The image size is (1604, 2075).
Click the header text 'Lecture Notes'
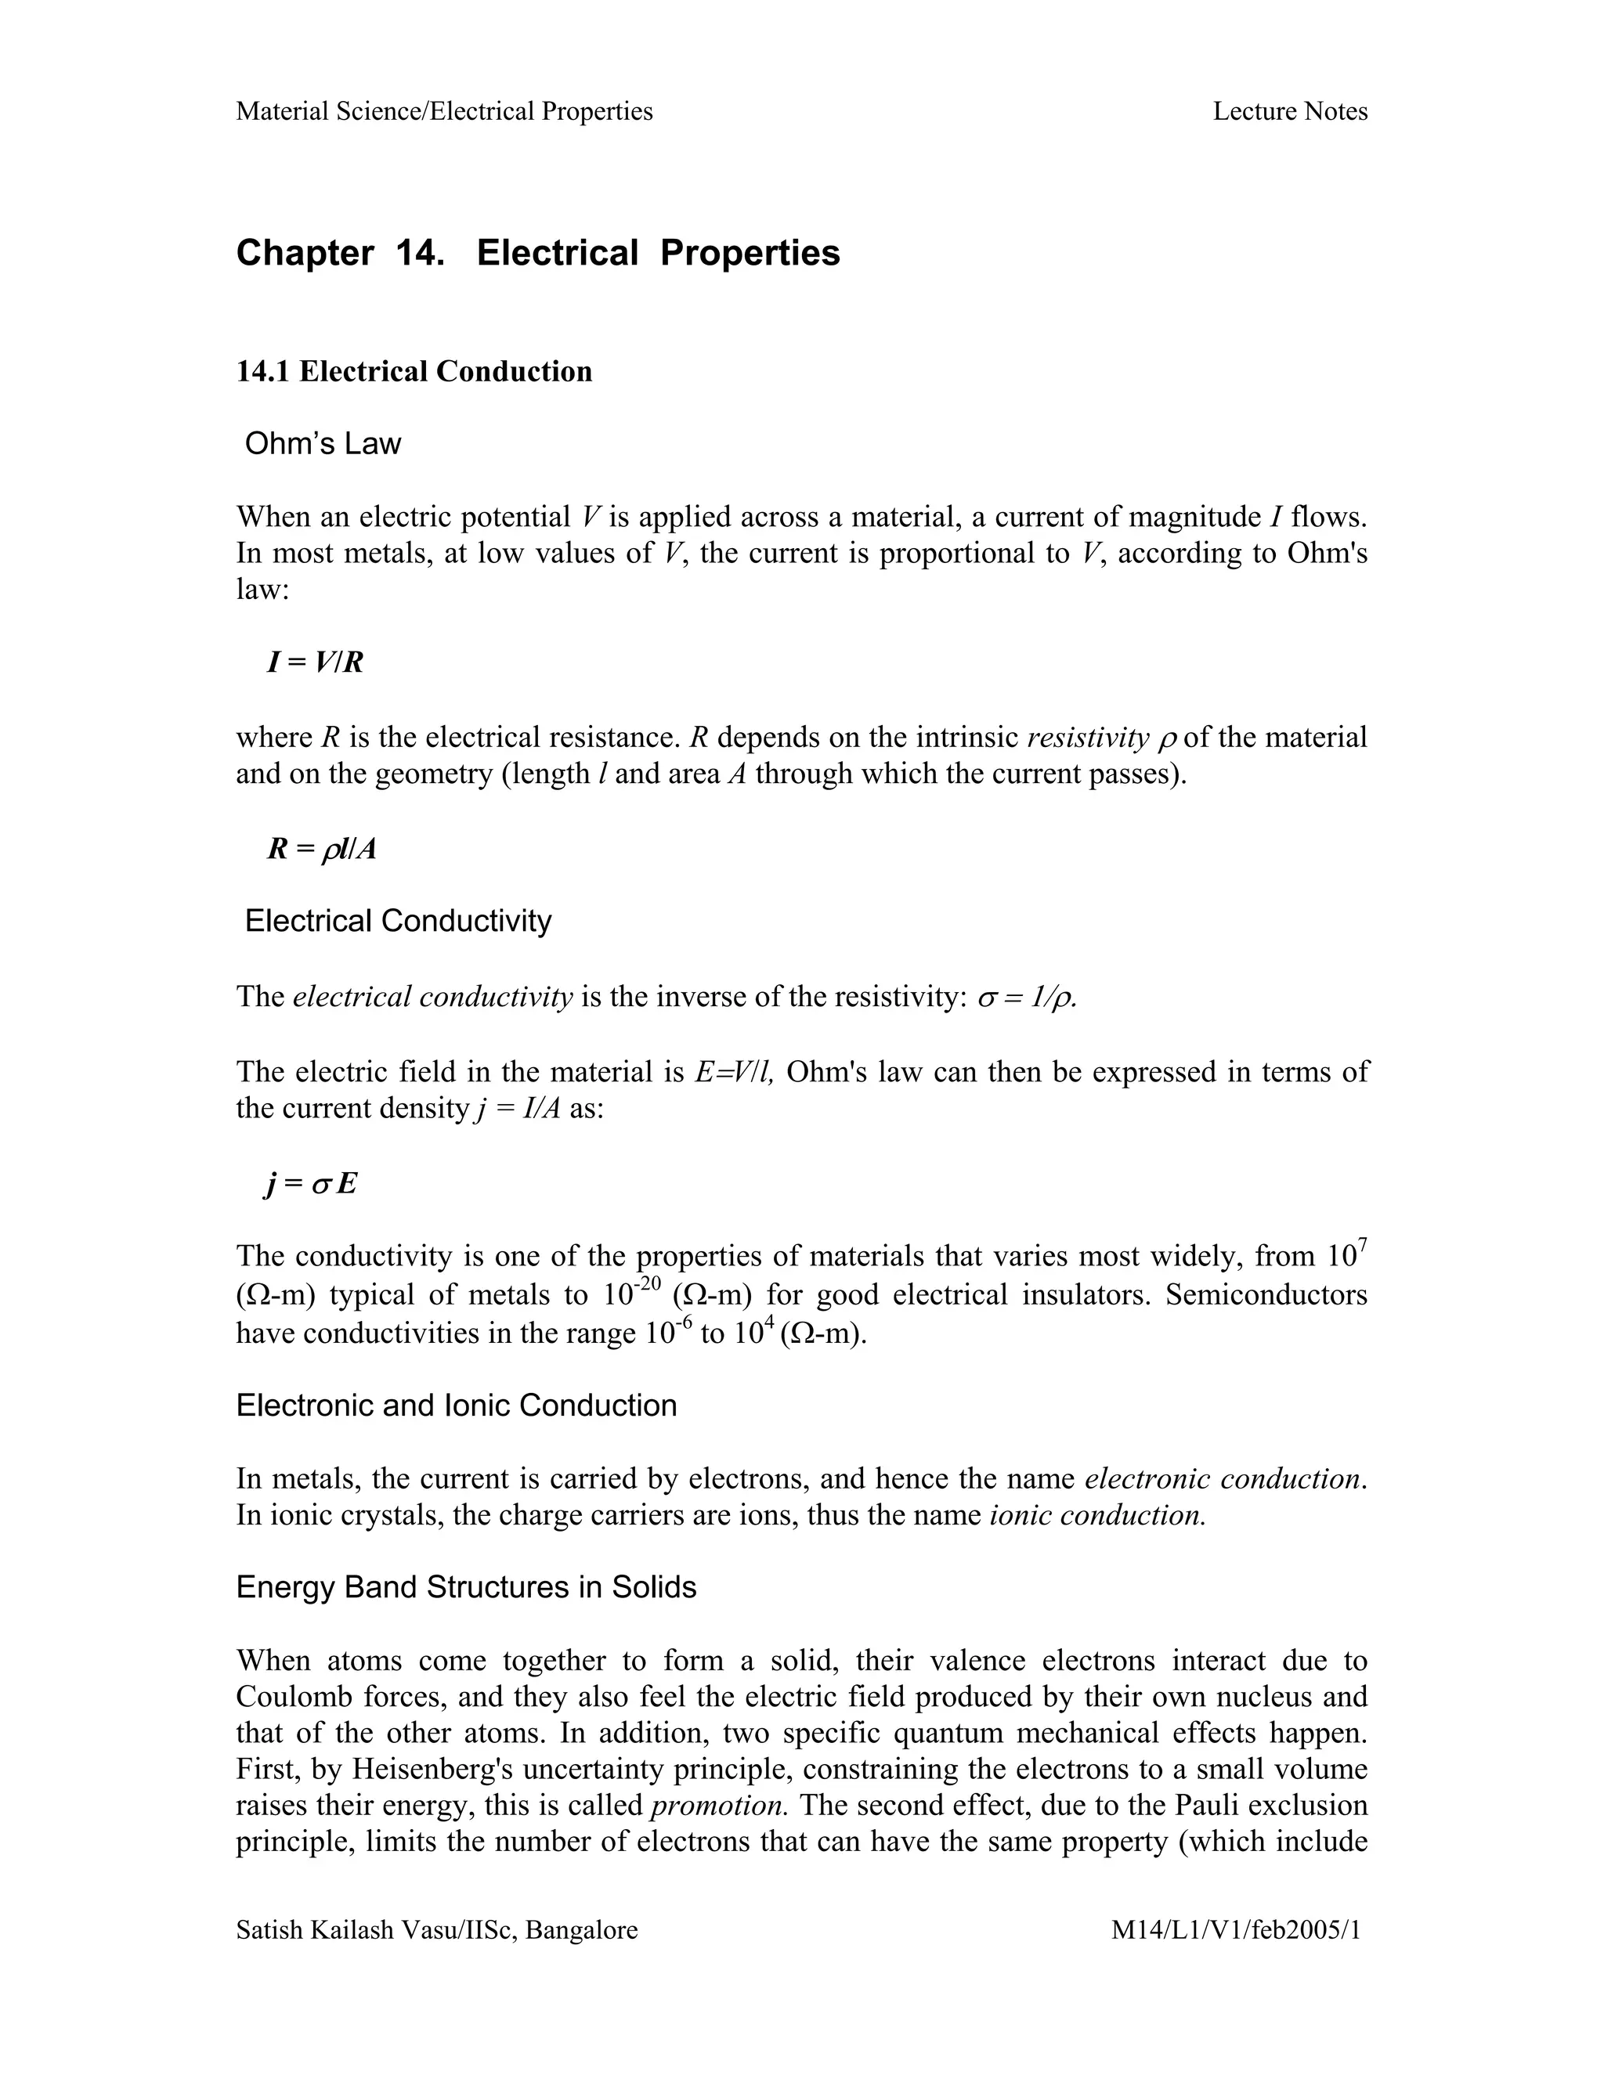1289,111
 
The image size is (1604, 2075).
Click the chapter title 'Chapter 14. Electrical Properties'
538,253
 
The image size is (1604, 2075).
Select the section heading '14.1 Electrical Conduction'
414,370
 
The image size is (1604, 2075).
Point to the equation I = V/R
316,662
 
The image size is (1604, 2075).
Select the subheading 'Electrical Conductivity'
397,921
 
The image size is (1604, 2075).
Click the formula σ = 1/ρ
1028,997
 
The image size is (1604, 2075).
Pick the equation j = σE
311,1184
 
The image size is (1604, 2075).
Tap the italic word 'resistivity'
1088,738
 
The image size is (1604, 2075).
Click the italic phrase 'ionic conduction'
1097,1514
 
